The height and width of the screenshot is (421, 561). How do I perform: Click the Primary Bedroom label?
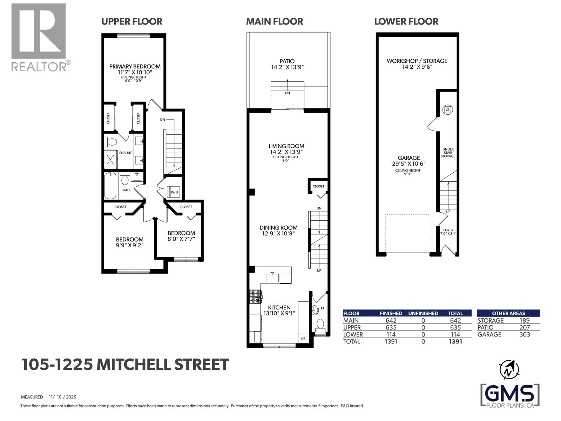pyautogui.click(x=135, y=66)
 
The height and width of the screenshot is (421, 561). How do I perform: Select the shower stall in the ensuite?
pyautogui.click(x=110, y=160)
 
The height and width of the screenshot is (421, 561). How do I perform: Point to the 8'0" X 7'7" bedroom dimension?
pyautogui.click(x=181, y=239)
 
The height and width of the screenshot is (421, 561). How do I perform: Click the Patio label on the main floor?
pyautogui.click(x=287, y=61)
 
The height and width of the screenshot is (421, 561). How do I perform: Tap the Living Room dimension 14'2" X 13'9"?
pyautogui.click(x=286, y=152)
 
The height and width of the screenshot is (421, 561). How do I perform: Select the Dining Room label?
pyautogui.click(x=278, y=227)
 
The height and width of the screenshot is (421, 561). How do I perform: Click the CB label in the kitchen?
pyautogui.click(x=303, y=339)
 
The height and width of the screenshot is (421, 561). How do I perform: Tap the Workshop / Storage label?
pyautogui.click(x=417, y=61)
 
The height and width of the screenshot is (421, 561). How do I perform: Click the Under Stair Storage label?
pyautogui.click(x=448, y=153)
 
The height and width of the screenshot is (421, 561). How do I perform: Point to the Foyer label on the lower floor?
pyautogui.click(x=448, y=230)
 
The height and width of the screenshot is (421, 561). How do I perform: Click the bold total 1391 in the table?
pyautogui.click(x=455, y=341)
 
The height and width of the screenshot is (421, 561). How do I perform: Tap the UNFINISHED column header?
pyautogui.click(x=423, y=313)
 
